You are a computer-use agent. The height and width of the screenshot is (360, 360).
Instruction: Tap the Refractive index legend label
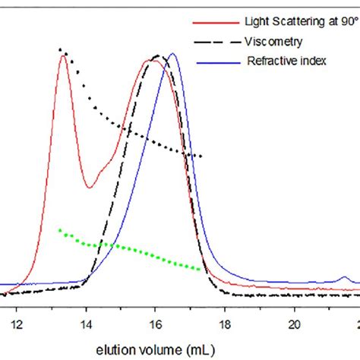click(285, 61)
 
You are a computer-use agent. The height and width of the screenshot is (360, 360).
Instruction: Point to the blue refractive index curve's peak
click(172, 54)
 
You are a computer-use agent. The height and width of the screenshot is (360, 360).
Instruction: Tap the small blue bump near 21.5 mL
click(343, 278)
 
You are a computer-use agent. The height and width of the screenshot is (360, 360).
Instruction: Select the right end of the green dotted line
click(201, 269)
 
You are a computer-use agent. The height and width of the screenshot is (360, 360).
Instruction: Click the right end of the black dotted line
click(201, 156)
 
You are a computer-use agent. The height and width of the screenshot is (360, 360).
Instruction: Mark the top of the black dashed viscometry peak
click(158, 55)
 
